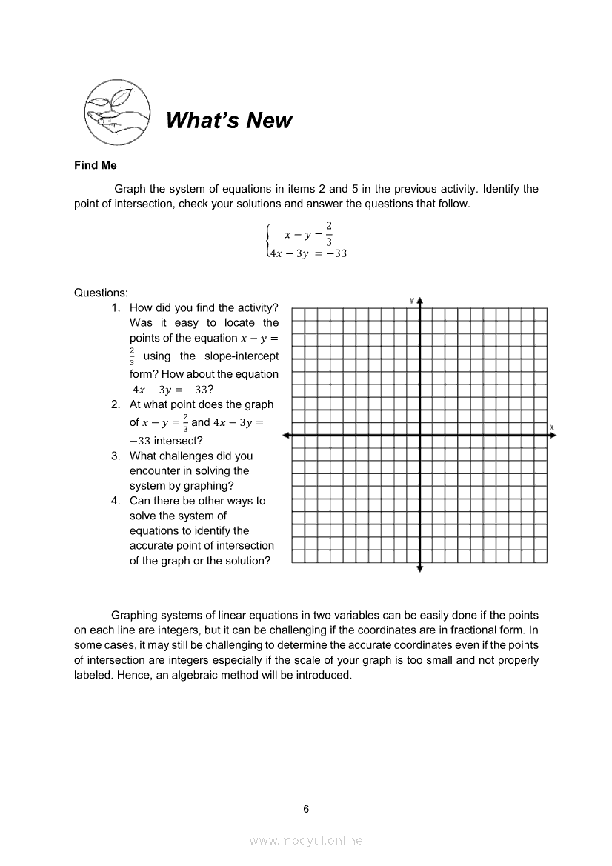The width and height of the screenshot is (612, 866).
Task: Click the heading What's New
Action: click(229, 121)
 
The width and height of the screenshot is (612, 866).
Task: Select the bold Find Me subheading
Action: click(95, 166)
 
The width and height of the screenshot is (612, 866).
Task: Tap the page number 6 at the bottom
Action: click(306, 808)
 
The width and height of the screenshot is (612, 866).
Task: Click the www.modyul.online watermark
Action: click(306, 840)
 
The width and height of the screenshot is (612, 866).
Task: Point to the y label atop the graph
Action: click(411, 299)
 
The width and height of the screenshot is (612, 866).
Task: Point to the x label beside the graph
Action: click(552, 427)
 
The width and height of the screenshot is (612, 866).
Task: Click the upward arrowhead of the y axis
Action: click(420, 301)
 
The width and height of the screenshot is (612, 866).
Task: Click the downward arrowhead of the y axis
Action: click(420, 568)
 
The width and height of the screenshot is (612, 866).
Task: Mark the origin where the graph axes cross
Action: click(420, 436)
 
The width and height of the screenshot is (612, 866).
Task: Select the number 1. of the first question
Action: click(116, 307)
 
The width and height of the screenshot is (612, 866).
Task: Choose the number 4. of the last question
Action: click(116, 501)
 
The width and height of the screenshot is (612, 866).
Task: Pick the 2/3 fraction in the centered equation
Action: click(329, 233)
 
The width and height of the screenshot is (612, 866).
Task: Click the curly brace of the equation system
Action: click(267, 241)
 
